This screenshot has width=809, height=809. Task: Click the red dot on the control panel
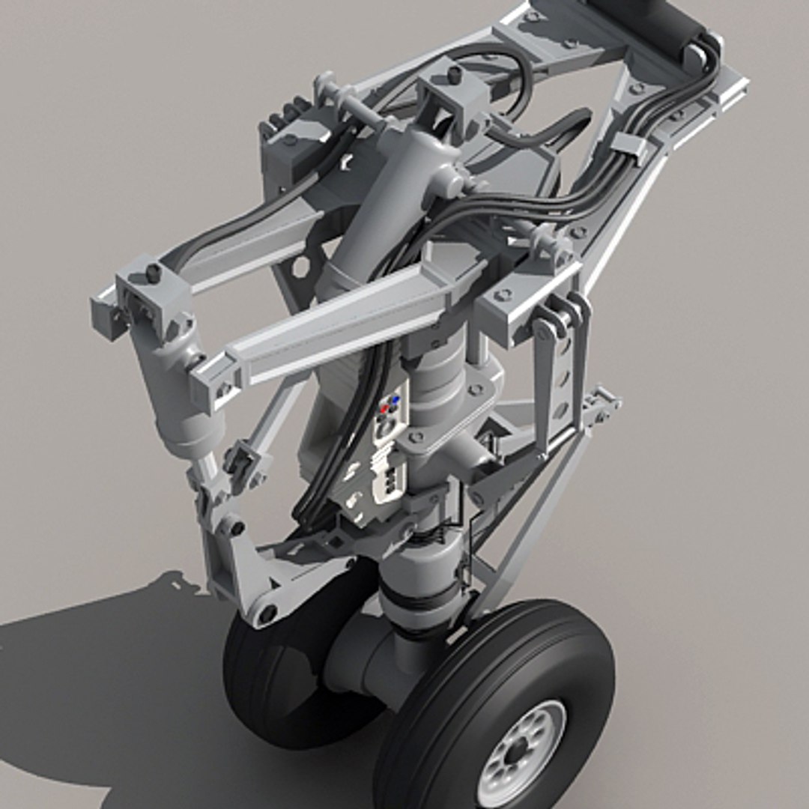pyautogui.click(x=384, y=409)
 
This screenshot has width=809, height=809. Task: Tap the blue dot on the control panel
pyautogui.click(x=395, y=401)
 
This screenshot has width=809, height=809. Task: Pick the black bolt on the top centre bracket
pyautogui.click(x=454, y=74)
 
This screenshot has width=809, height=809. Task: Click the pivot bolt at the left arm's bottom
pyautogui.click(x=267, y=614)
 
